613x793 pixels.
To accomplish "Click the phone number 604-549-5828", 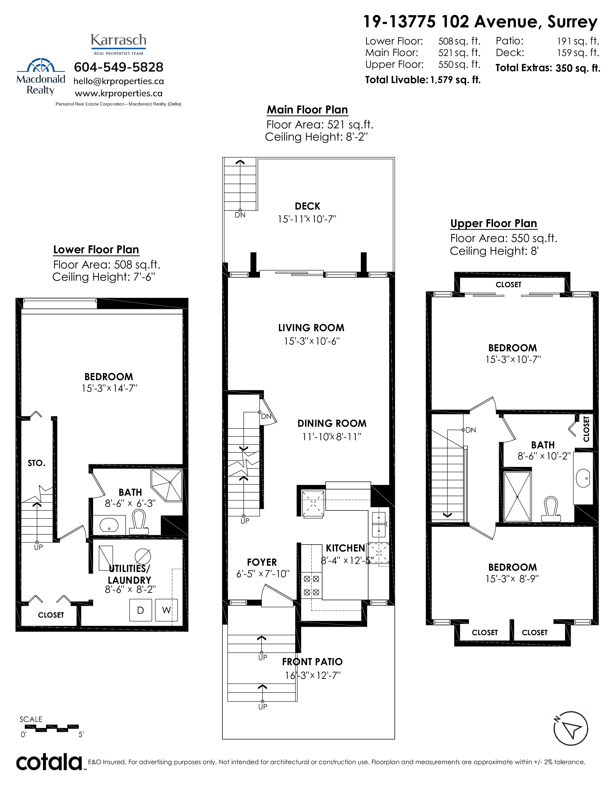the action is coord(119,67).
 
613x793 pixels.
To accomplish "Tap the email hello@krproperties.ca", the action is coord(119,81).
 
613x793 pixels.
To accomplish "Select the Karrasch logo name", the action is coord(119,40).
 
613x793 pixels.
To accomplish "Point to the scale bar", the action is coord(52,727).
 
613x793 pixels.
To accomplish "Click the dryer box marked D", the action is coord(141,610).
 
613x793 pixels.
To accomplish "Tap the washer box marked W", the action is coord(166,610).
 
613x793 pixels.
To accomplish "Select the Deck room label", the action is coord(308,206).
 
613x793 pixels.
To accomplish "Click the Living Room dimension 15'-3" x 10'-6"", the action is coord(312,341).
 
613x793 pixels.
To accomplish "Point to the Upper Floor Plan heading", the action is coord(494,223).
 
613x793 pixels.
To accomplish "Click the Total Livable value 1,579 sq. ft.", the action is coord(455,80).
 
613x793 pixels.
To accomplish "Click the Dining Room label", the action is coord(332,423).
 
